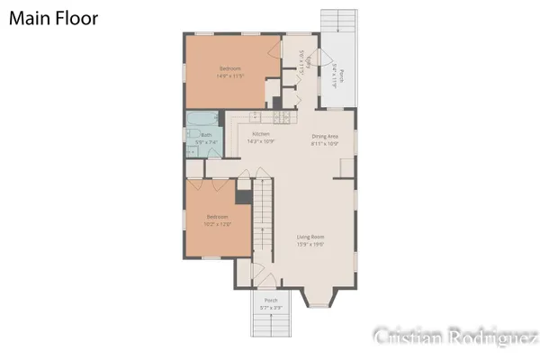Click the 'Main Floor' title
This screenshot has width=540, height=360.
pos(55,17)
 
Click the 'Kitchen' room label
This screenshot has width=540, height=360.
pos(261,135)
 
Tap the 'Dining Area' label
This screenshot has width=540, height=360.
pos(325,136)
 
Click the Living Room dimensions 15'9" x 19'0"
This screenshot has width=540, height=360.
pos(310,245)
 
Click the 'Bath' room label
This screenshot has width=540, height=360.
pos(206,135)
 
